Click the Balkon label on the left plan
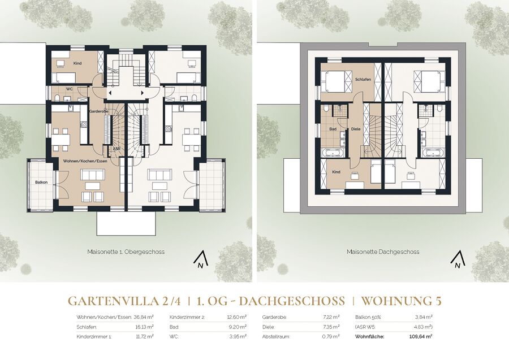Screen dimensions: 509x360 [41, 183]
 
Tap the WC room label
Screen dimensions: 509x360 [69, 89]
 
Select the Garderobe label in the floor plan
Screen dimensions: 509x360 [98, 111]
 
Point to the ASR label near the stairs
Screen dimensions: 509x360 [116, 149]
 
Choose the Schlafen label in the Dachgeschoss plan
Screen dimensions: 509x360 [363, 80]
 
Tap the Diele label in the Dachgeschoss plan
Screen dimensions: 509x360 [356, 129]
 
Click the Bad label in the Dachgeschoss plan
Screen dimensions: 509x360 [333, 129]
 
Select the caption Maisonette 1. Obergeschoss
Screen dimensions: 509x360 [126, 251]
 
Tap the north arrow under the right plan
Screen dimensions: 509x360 [458, 261]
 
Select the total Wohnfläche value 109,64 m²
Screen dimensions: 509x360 [421, 337]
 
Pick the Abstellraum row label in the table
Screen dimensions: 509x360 [276, 337]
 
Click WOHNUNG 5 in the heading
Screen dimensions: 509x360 [402, 301]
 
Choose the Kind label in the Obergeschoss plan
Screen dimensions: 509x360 [77, 63]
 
